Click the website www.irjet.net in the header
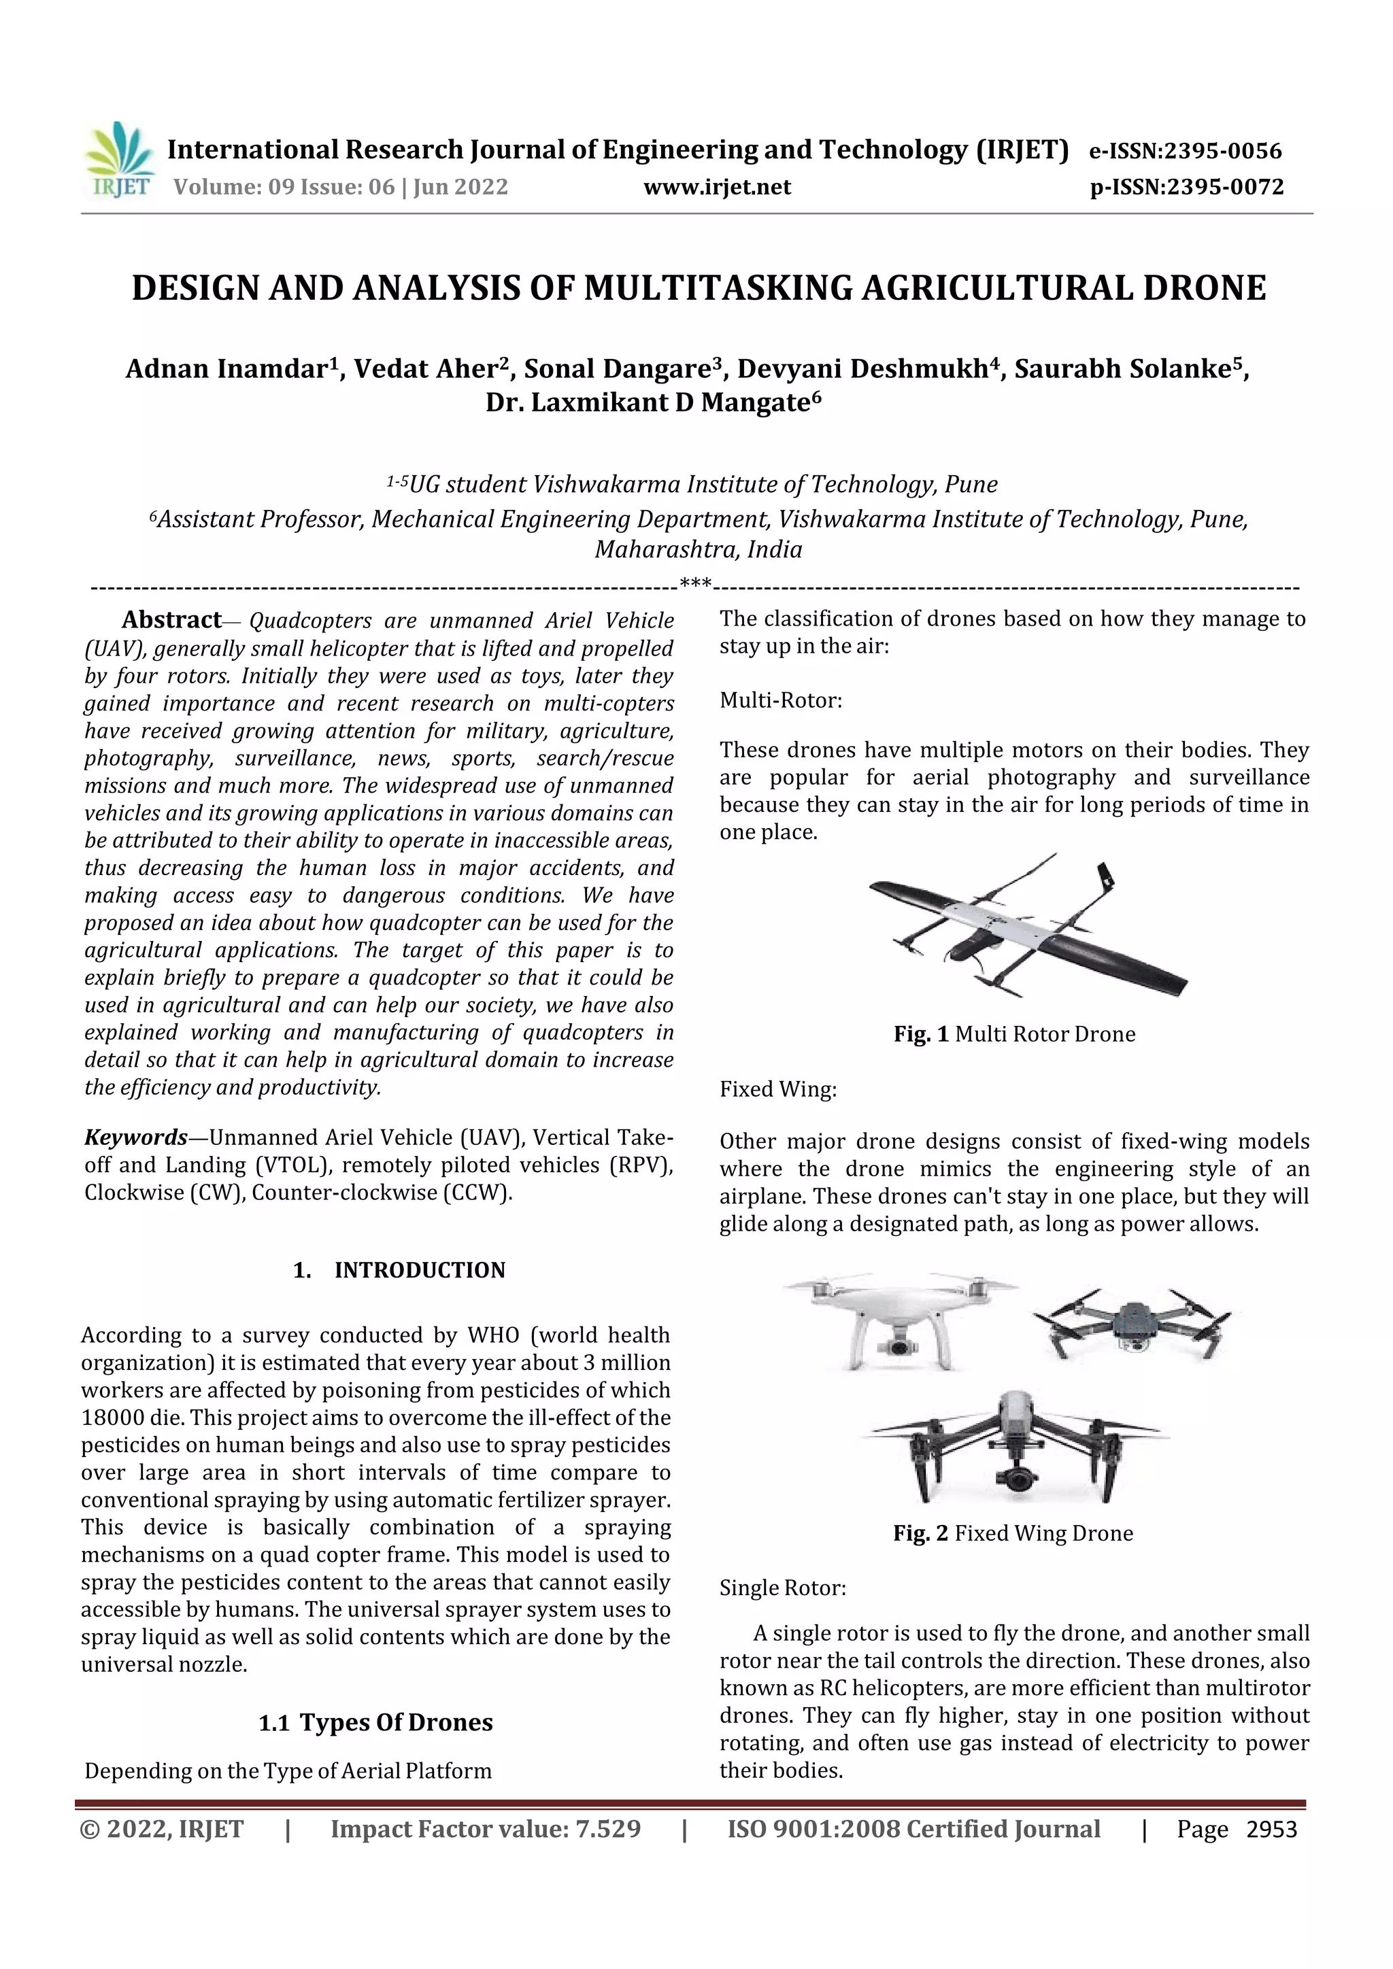coord(717,187)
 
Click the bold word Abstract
coord(171,619)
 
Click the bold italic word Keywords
coord(135,1137)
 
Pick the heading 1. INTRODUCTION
coord(400,1270)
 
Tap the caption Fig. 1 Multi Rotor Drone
coord(1014,1034)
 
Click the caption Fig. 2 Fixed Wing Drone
coord(1012,1533)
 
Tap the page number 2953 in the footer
coord(1271,1829)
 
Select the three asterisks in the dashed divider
coord(694,584)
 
